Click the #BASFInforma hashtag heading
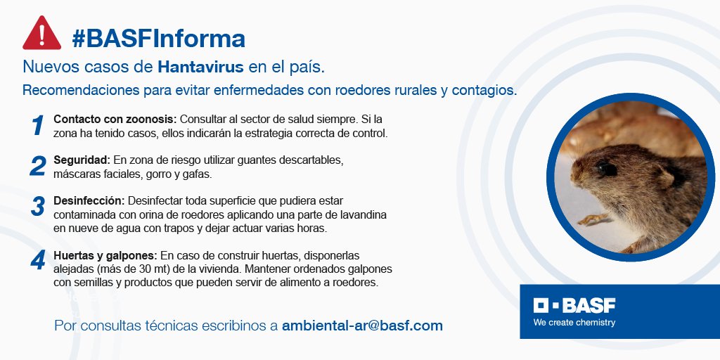[158, 38]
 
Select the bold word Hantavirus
[201, 67]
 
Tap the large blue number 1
[37, 126]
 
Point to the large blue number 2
[37, 167]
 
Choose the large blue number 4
[37, 261]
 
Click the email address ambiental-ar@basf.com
[362, 326]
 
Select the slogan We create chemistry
[574, 323]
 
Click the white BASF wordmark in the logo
[589, 306]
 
